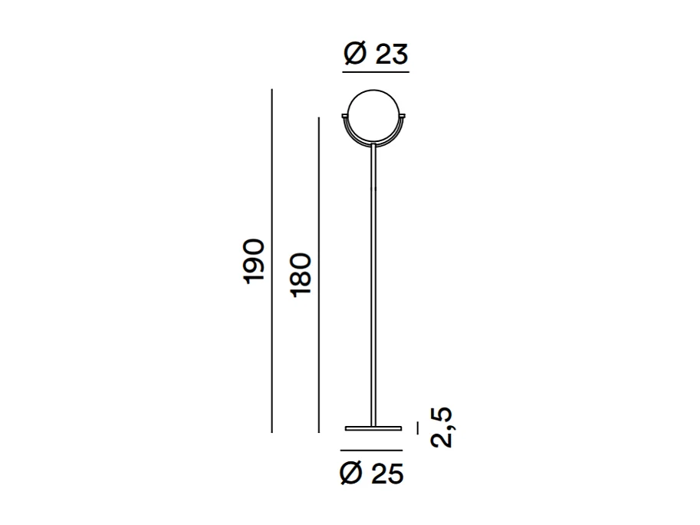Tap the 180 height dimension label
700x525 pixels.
(x=301, y=274)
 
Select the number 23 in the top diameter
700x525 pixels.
(x=391, y=54)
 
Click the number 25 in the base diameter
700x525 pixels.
(x=387, y=474)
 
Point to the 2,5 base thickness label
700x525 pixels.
(x=442, y=427)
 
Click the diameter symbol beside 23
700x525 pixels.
(x=355, y=54)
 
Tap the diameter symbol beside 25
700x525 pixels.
(x=351, y=474)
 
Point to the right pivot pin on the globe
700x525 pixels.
(x=403, y=115)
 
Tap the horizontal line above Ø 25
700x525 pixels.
(x=373, y=449)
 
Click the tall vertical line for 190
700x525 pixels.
(x=272, y=261)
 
